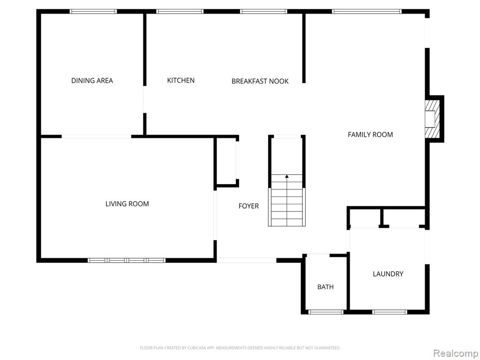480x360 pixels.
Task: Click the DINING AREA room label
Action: tap(92, 81)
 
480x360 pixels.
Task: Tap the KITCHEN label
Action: tap(180, 80)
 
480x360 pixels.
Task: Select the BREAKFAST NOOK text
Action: tap(260, 81)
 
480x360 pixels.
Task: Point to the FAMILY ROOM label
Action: tap(370, 135)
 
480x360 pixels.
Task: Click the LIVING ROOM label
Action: tap(127, 204)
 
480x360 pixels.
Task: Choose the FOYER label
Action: tap(248, 206)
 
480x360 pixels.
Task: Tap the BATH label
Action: tap(325, 287)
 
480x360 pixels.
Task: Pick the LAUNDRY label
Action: tap(388, 274)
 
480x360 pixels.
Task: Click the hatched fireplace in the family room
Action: tap(432, 119)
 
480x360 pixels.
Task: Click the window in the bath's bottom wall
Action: tap(326, 312)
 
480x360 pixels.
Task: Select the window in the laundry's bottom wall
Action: tap(390, 312)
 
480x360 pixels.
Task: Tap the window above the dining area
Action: tap(93, 11)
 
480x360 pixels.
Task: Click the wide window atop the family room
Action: tap(367, 11)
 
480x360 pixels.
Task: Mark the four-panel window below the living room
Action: tap(127, 261)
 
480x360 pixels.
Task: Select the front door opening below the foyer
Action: tap(247, 261)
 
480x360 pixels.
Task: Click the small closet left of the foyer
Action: tap(226, 161)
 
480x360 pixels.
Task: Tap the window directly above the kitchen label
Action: tap(180, 11)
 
